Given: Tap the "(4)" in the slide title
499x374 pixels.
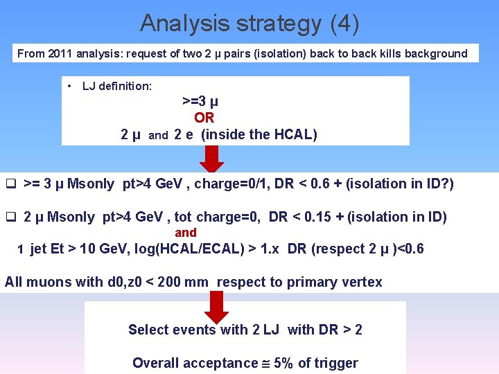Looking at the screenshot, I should pos(344,24).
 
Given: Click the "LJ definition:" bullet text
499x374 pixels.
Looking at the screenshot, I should pos(116,86).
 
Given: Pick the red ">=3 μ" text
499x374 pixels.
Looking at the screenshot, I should pos(200,101).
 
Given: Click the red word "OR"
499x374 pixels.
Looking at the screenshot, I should pos(204,118).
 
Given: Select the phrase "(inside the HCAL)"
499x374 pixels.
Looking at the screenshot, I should pos(259,135).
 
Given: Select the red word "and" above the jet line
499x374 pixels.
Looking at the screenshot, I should pos(186,233).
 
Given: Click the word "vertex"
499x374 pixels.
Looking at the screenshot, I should pos(361,282).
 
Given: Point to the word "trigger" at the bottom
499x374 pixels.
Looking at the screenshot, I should pos(335,363).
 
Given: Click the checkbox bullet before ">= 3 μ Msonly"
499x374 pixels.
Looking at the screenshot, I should pos(10,184).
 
